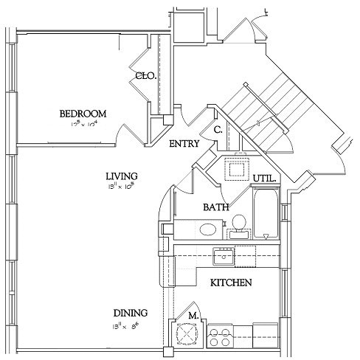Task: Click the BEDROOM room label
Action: coord(83,114)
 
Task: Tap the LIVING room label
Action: coord(122,176)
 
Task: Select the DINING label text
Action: coord(130,312)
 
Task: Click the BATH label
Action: coord(215,208)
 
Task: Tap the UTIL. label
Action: coord(264,179)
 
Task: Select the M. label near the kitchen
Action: coord(193,316)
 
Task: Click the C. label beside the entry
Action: coord(218,130)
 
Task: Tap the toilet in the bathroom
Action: coord(238,224)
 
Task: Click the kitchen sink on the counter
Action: coord(224,256)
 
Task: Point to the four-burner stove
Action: coord(219,336)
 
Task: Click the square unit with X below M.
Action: coord(184,335)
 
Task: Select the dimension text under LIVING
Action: coord(122,187)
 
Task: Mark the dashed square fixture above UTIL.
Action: coord(238,168)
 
